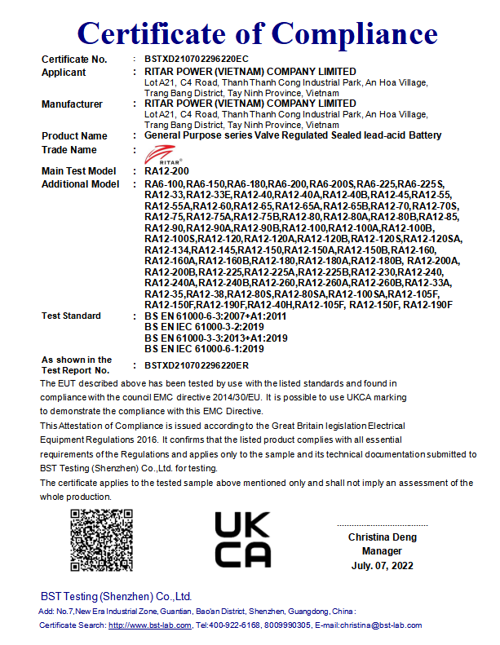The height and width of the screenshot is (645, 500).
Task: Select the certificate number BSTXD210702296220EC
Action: point(196,60)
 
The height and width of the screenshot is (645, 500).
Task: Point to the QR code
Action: point(100,539)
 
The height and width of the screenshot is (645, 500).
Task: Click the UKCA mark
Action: point(242,539)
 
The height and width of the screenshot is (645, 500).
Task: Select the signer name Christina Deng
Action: point(383,537)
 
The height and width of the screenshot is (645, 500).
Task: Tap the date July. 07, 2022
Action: point(383,565)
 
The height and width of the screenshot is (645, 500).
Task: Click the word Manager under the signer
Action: point(383,551)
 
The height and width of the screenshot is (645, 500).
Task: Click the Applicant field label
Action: point(64,73)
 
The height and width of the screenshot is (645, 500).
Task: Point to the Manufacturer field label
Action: point(72,104)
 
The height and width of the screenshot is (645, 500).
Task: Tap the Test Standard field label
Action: point(71,316)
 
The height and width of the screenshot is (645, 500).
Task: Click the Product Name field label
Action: point(74,136)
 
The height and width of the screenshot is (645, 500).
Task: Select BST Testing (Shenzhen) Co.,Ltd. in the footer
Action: point(116,596)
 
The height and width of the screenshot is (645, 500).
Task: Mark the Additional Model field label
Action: point(80,184)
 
